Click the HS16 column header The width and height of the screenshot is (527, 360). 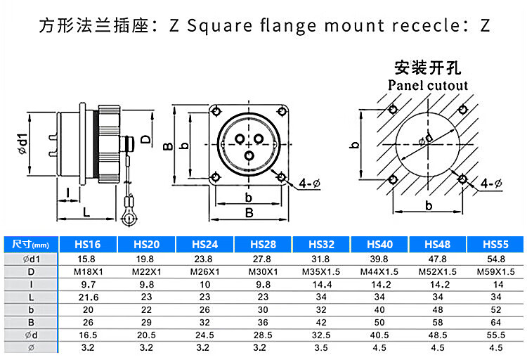88,244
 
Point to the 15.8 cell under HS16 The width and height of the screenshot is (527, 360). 88,259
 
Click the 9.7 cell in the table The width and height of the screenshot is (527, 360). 88,285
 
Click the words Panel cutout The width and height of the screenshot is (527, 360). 428,85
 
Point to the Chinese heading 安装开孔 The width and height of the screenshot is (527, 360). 428,69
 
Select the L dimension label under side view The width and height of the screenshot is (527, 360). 86,211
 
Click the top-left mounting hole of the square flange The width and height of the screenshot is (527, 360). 218,109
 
